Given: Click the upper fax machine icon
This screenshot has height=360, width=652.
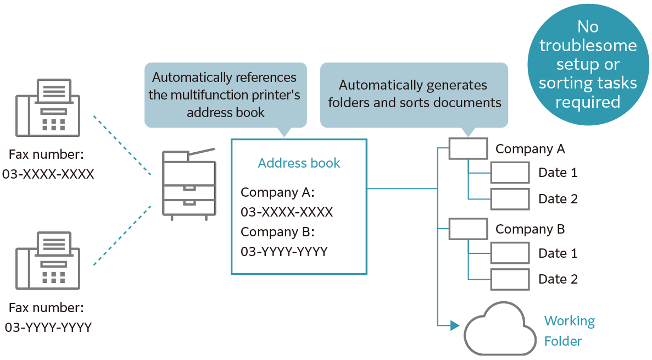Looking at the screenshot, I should click(48, 108).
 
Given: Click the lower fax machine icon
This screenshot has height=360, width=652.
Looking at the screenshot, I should click(48, 260).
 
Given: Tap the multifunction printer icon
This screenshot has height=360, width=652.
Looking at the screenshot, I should click(189, 184).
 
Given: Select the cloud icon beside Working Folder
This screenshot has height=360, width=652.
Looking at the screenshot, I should click(500, 329).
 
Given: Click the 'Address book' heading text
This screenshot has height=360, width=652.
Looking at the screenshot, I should click(299, 163).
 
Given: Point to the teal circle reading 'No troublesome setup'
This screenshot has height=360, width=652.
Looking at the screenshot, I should click(588, 65).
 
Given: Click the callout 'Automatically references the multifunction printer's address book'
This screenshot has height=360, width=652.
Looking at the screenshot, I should click(225, 95).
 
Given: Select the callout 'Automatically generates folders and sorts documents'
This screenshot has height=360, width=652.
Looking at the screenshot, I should click(414, 94).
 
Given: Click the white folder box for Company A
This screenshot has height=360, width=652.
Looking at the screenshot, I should click(468, 149).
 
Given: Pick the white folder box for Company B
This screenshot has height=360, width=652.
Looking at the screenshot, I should click(468, 229).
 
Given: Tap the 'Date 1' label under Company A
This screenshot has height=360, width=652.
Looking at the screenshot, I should click(558, 173).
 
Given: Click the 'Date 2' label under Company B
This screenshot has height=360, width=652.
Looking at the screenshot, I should click(558, 279).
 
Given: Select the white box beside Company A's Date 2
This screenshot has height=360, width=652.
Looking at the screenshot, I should click(510, 199).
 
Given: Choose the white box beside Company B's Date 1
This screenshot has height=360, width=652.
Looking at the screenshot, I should click(510, 253).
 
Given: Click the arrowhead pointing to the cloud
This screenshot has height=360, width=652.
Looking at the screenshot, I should click(454, 326).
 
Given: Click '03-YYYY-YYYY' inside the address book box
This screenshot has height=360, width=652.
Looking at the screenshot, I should click(284, 252).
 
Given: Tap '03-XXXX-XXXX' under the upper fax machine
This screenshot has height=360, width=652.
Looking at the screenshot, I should click(48, 174).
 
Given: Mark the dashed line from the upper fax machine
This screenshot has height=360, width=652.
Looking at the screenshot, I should click(122, 146).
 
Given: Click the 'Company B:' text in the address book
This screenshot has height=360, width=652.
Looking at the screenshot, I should click(277, 232).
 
